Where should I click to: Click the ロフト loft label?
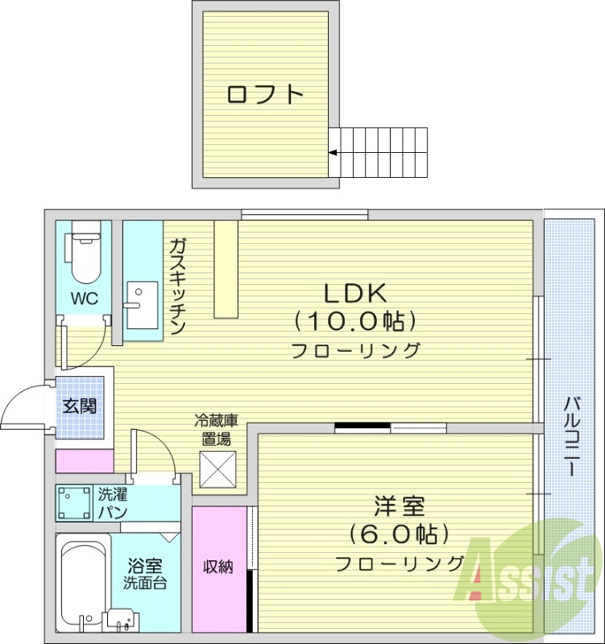tap(265, 94)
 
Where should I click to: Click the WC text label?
tap(84, 299)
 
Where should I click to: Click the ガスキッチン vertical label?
tap(178, 287)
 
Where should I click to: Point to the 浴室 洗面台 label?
tap(145, 574)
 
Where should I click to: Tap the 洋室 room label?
tap(400, 508)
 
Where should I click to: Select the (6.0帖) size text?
tap(400, 535)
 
